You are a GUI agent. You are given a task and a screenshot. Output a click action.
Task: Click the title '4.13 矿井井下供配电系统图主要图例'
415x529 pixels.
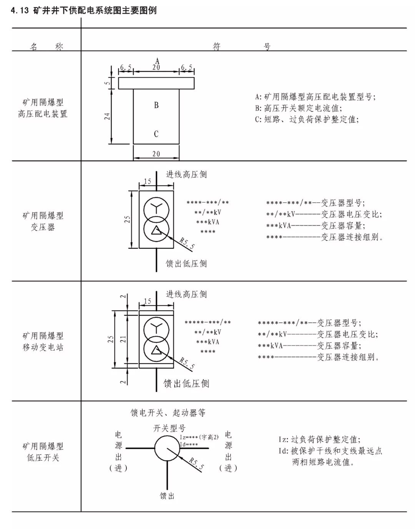[84, 10]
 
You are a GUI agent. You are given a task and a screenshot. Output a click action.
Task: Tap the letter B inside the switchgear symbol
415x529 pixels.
[156, 105]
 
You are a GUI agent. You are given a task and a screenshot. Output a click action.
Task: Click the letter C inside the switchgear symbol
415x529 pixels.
[156, 134]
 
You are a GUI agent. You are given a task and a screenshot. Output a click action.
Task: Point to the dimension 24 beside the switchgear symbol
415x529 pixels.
[108, 116]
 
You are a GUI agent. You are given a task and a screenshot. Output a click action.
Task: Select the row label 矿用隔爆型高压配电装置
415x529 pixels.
[43, 108]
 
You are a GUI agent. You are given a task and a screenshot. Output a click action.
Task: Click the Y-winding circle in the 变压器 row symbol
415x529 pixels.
[156, 209]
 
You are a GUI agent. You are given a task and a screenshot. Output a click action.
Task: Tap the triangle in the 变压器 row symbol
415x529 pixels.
[156, 230]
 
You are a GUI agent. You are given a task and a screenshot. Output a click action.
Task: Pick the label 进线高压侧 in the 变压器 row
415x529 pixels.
[186, 175]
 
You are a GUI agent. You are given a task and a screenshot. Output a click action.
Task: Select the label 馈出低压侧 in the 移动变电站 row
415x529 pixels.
[186, 384]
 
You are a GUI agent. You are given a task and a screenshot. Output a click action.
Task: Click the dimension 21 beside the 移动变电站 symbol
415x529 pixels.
[123, 339]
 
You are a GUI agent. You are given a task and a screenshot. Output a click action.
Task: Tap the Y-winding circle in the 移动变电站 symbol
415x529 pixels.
[156, 329]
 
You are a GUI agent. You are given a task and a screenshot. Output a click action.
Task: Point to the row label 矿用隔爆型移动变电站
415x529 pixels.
[43, 342]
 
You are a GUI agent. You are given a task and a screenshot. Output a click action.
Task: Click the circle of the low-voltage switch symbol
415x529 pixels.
[168, 448]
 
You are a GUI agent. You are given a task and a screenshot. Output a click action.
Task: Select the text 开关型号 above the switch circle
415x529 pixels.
[169, 428]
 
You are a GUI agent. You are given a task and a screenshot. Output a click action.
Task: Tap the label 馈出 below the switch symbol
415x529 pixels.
[167, 496]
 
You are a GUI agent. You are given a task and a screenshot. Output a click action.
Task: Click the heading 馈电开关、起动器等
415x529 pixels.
[168, 413]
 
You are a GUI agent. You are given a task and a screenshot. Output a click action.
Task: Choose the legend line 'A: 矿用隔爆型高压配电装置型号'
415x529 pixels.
[315, 97]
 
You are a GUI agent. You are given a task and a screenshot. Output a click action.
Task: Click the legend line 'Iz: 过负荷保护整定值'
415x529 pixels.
[320, 440]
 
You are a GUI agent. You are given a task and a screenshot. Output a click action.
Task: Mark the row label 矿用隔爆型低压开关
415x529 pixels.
[43, 452]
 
